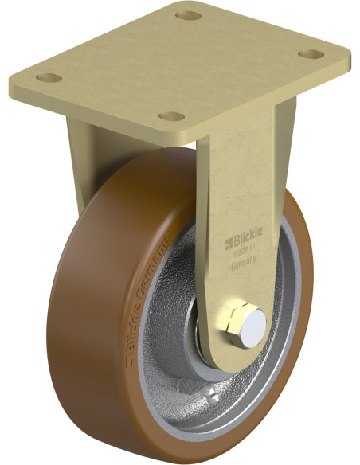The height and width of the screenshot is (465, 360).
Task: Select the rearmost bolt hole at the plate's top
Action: (188, 15)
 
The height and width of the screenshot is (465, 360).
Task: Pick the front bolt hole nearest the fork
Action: (170, 116)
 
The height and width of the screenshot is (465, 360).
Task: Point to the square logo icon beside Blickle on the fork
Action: (227, 240)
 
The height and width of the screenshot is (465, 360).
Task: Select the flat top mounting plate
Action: (183, 64)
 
